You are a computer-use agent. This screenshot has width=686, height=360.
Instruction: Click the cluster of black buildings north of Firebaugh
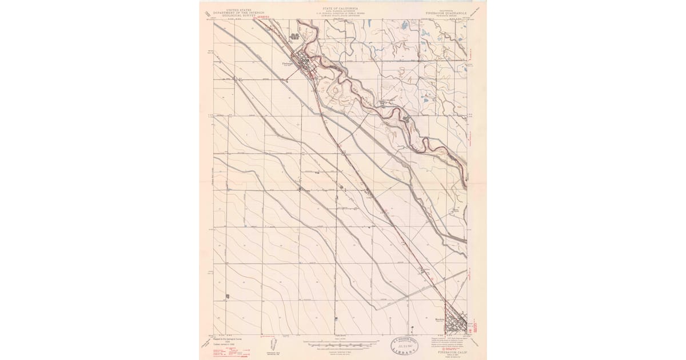(x=295, y=38)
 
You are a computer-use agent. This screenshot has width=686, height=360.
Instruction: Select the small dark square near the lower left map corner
(x=228, y=297)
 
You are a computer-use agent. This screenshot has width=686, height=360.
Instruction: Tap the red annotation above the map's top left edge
(x=264, y=18)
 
